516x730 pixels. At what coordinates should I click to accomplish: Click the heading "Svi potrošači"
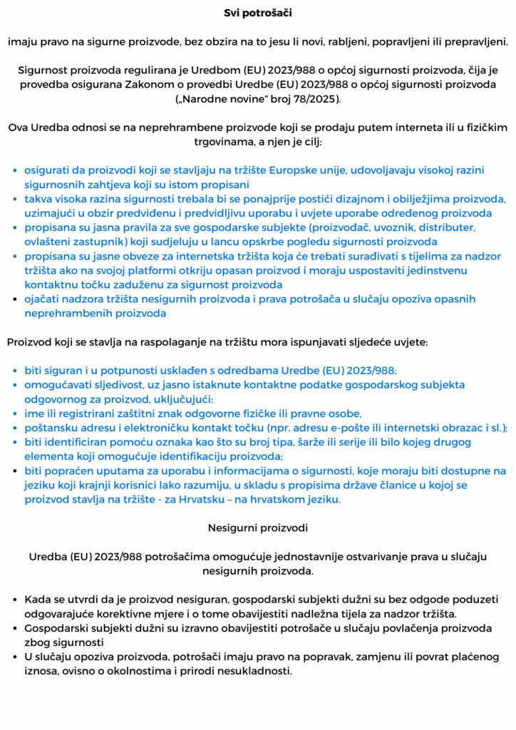point(257,13)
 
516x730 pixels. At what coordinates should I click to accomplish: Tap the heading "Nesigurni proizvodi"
point(257,528)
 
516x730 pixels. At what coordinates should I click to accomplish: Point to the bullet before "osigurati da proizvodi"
point(16,171)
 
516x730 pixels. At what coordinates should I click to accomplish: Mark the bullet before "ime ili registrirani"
point(16,413)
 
